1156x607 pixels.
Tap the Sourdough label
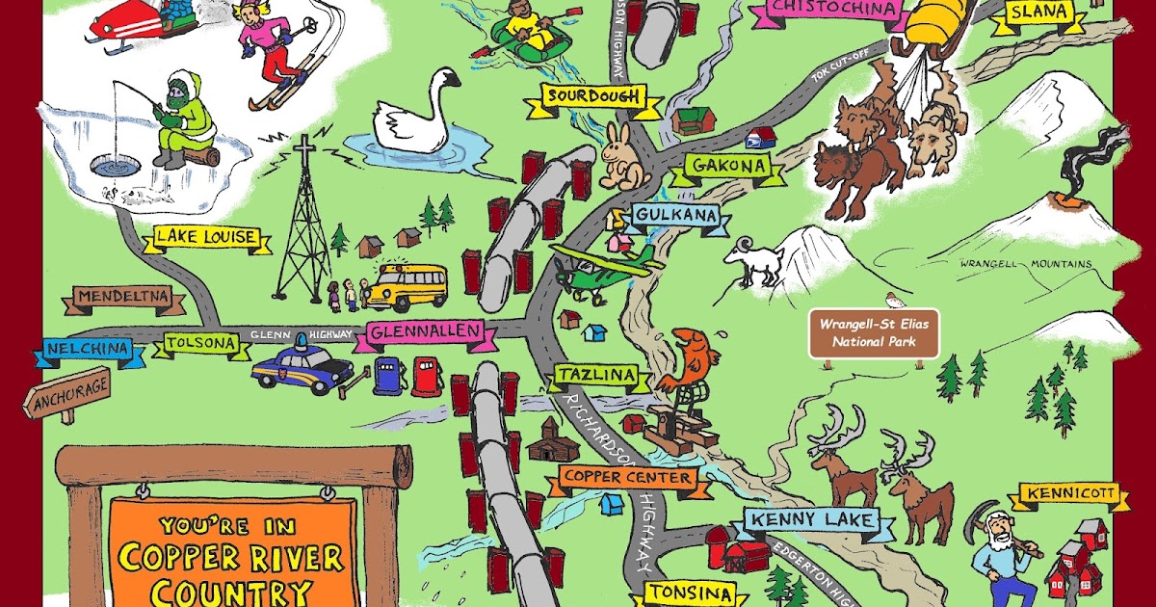point(593,96)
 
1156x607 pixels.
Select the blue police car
point(302,367)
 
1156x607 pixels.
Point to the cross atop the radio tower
point(304,154)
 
